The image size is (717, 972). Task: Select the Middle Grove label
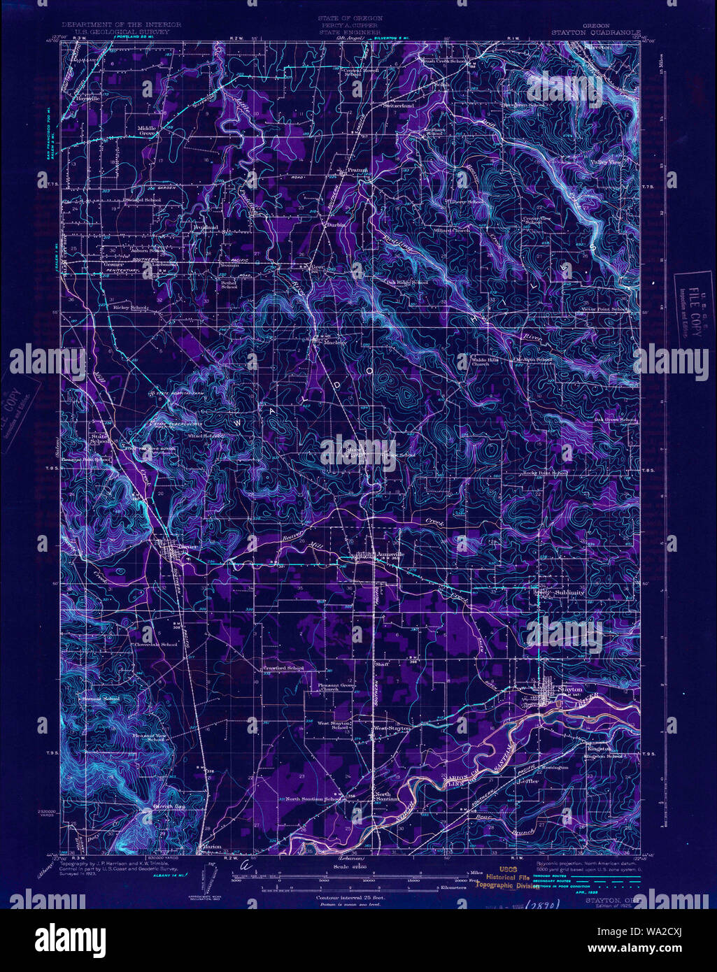(x=147, y=131)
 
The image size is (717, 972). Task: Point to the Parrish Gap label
(x=168, y=808)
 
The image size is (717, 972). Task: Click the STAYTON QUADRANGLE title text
(x=593, y=31)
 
